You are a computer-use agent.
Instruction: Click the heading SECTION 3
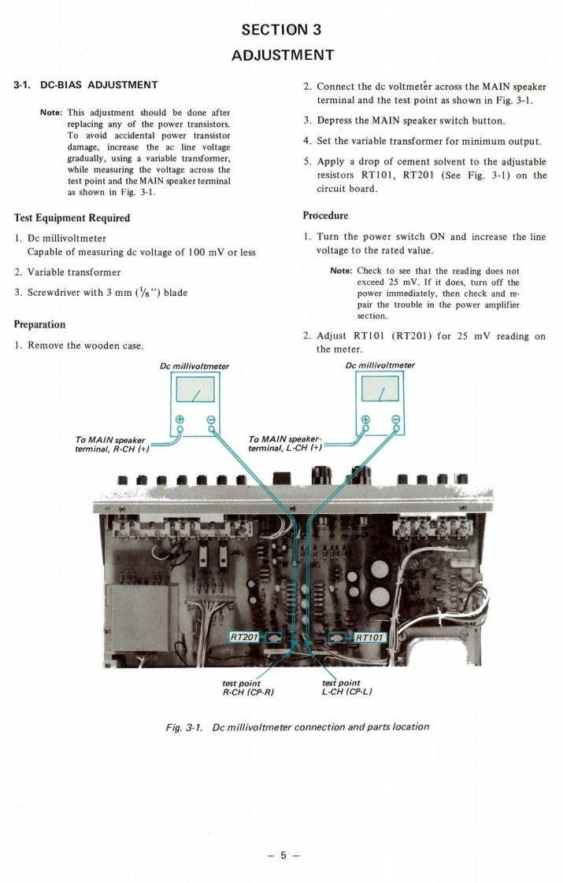281,30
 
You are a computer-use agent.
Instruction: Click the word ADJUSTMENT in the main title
281,55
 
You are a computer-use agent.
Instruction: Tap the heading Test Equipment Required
72,217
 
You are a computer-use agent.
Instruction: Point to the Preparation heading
39,323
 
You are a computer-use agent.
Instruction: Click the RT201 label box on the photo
244,635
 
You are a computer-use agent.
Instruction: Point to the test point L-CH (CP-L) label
346,688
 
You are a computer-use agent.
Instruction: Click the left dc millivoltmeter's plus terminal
180,419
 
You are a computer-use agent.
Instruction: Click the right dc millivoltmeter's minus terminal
395,419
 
